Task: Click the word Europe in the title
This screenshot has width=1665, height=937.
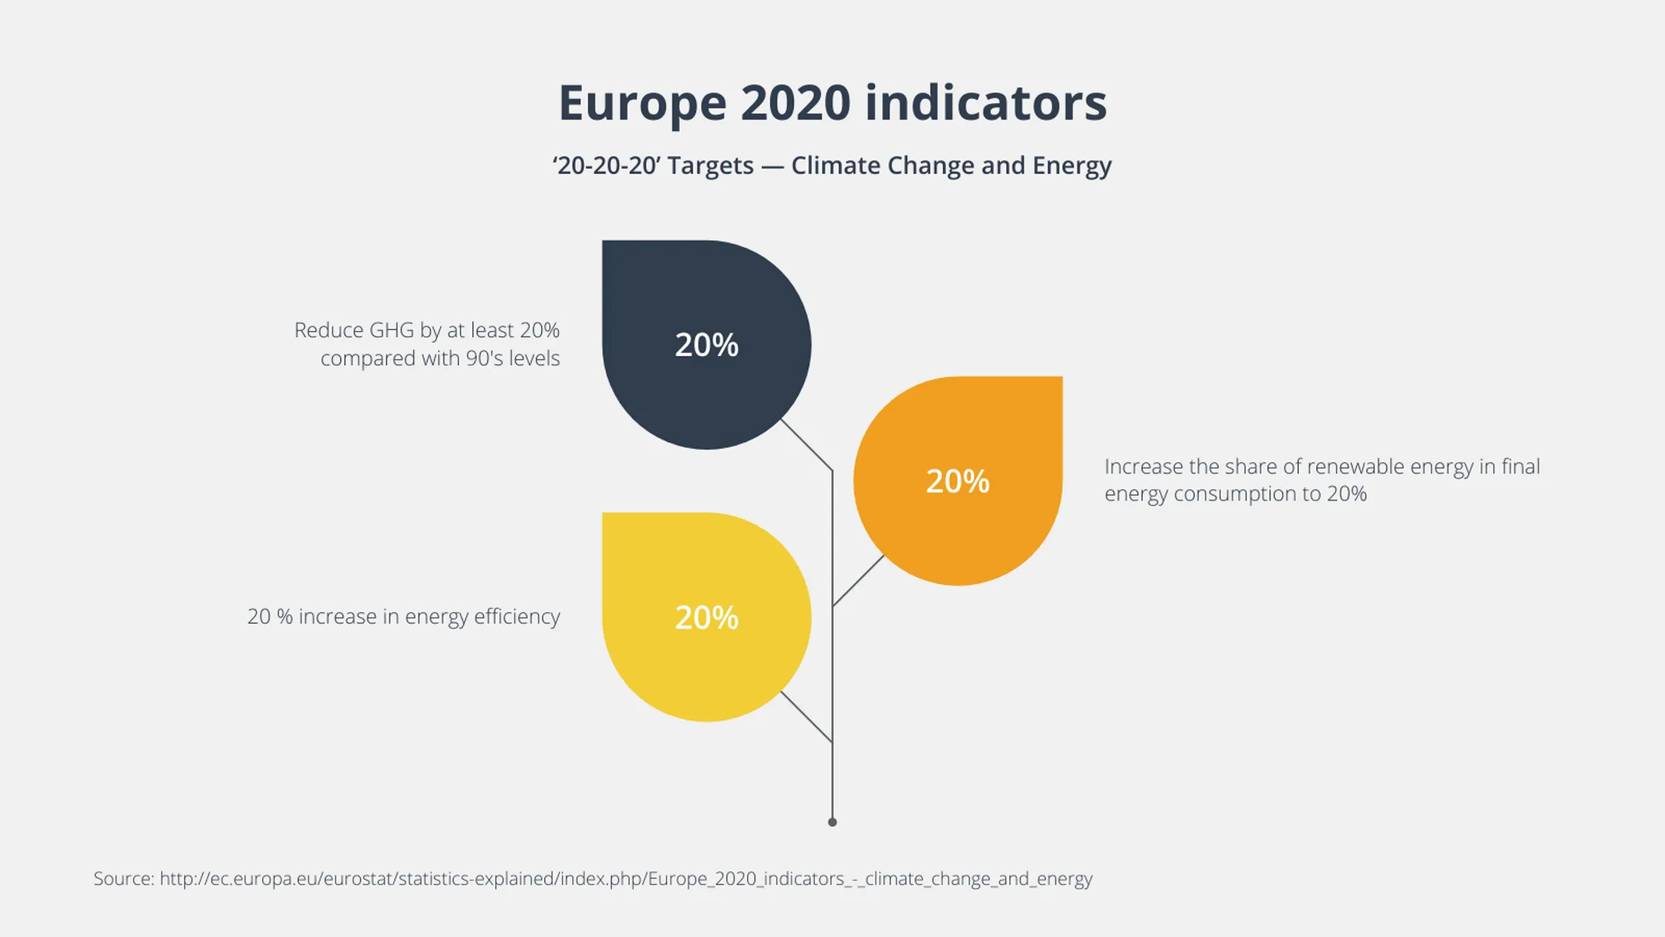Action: click(642, 104)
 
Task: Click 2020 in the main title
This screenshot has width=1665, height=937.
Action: click(795, 104)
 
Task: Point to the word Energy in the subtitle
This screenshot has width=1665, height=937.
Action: click(1072, 166)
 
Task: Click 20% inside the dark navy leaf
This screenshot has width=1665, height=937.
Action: click(706, 345)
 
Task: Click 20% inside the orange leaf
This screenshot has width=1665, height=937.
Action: click(958, 481)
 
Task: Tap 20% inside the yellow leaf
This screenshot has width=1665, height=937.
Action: click(706, 618)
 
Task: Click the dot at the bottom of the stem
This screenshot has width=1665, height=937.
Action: click(832, 822)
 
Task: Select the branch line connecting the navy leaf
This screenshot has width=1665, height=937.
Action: click(806, 445)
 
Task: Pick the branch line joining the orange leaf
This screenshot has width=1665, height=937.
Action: click(858, 581)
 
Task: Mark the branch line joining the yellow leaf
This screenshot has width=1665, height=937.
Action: click(806, 717)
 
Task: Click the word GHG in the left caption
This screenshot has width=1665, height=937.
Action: click(391, 330)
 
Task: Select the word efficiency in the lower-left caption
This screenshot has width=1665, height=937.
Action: click(517, 617)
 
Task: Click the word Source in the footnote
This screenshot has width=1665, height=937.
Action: click(123, 878)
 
